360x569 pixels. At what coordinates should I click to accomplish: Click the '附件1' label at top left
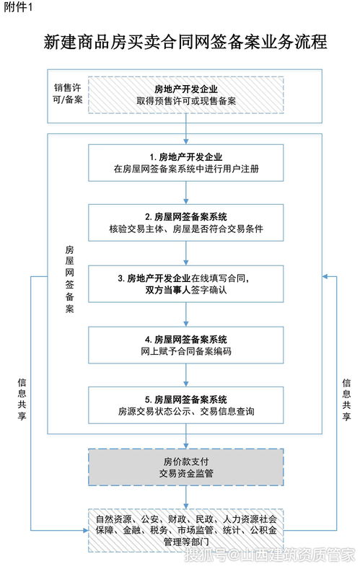point(18,7)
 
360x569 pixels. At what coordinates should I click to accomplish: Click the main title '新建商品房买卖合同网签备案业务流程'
point(185,42)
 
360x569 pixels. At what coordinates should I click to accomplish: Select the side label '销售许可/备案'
point(68,94)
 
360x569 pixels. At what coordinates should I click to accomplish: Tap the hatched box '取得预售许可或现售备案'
point(186,95)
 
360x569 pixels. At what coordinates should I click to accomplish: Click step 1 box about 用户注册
point(186,163)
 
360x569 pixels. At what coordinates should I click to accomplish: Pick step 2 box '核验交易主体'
point(186,223)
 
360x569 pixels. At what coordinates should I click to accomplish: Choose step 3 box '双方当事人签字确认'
point(186,284)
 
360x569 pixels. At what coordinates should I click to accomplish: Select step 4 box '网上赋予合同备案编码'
point(186,345)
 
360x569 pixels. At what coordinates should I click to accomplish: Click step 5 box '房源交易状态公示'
point(186,405)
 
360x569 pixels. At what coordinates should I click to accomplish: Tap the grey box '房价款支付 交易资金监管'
point(186,467)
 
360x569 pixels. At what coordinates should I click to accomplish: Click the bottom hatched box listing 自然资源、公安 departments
point(186,530)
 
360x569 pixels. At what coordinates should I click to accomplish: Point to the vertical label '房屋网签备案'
point(70,279)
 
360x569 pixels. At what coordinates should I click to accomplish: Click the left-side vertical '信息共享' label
point(22,400)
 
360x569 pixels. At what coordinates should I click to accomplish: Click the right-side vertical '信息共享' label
point(346,400)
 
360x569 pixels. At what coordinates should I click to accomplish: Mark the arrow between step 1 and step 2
point(186,193)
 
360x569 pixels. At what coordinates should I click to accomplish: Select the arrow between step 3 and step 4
point(186,314)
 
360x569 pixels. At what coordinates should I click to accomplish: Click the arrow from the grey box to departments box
point(186,498)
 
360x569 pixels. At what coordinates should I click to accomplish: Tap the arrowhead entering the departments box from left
point(86,531)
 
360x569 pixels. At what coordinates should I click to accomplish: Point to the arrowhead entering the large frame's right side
point(325,277)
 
